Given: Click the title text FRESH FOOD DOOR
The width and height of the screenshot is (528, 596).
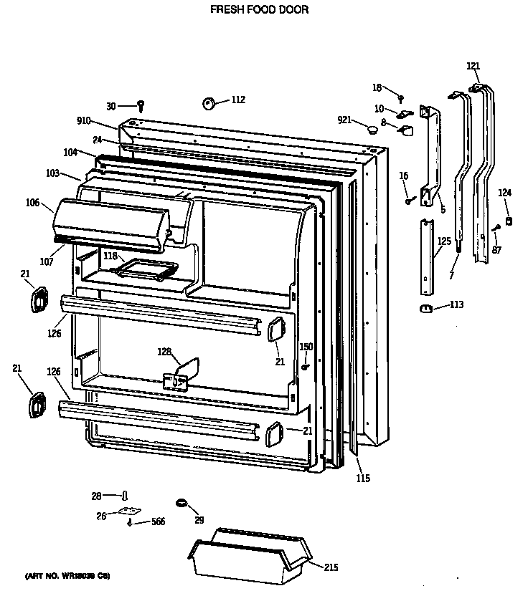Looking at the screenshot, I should click(x=259, y=10).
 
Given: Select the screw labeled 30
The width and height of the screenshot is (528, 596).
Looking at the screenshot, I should click(x=141, y=106).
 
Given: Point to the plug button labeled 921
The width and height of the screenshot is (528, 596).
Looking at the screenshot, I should click(x=372, y=129).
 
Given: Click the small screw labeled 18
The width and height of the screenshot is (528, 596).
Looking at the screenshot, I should click(x=401, y=97).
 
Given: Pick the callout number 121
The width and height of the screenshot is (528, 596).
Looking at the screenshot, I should click(x=473, y=66).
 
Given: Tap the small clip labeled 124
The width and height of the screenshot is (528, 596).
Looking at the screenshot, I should click(x=508, y=221).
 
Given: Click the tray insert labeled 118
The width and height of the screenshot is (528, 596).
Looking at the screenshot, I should click(x=148, y=269).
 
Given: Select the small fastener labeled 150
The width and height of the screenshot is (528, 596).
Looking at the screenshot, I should click(x=305, y=367).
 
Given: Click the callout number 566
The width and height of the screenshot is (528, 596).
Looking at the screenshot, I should click(x=158, y=521).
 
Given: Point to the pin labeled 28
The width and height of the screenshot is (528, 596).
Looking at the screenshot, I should click(x=125, y=495).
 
